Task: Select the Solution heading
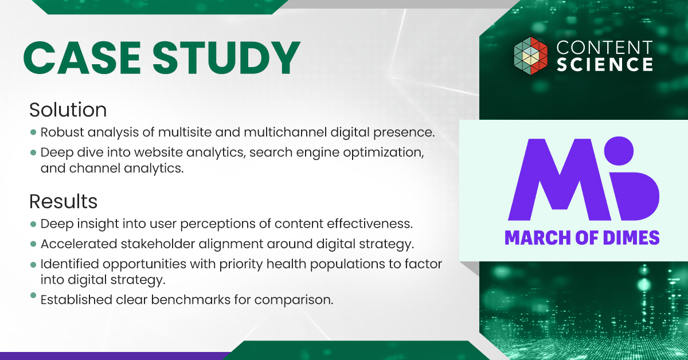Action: (x=68, y=109)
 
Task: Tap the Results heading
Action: (x=63, y=201)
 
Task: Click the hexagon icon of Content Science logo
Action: (x=530, y=55)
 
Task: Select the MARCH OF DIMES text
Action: (x=581, y=237)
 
